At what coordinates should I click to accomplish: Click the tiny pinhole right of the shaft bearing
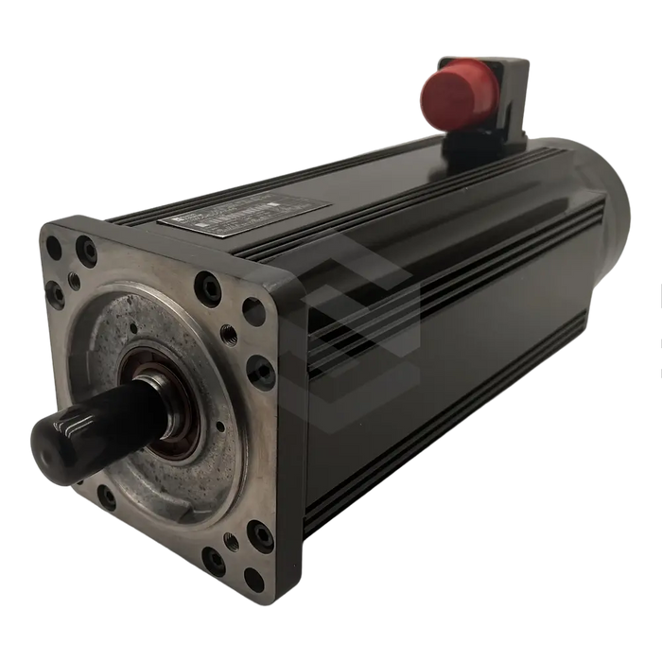[x=219, y=426]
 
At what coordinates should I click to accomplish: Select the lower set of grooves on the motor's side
[x=454, y=473]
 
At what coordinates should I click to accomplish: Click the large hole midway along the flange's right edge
[x=262, y=372]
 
